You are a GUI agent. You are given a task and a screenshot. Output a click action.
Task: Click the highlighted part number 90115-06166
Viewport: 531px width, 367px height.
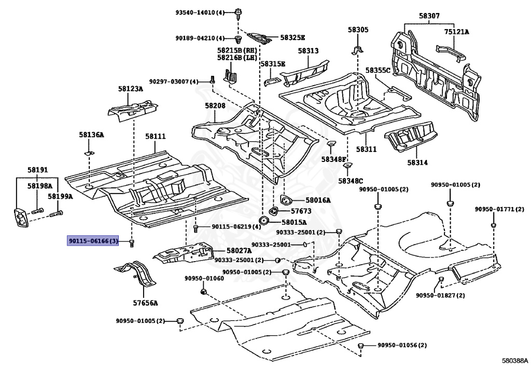pos(93,241)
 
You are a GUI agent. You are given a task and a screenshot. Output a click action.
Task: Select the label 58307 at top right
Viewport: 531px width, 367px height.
pos(429,16)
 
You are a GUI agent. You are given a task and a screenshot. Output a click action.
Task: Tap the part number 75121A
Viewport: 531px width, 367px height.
pos(456,32)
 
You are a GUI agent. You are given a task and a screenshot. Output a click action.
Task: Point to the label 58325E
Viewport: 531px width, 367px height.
pos(292,37)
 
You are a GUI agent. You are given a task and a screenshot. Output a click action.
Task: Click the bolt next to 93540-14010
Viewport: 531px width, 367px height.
pos(239,12)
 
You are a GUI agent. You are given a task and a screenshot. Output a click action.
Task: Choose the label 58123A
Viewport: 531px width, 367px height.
pos(130,89)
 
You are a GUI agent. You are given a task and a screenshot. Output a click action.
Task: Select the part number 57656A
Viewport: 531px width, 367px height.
pos(145,303)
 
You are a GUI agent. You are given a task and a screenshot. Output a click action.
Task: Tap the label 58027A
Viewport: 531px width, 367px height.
pos(239,251)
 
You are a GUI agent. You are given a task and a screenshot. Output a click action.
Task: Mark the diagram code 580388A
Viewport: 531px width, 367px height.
pos(514,361)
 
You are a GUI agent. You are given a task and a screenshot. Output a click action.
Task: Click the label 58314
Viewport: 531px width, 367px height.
pos(417,162)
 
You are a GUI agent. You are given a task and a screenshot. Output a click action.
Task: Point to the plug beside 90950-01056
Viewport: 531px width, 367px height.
pos(361,346)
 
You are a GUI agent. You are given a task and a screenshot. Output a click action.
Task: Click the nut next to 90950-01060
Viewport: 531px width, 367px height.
pos(203,292)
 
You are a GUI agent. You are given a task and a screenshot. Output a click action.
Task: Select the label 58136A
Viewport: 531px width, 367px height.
pos(91,135)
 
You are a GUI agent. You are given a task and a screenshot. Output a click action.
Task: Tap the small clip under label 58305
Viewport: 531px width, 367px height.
pos(358,49)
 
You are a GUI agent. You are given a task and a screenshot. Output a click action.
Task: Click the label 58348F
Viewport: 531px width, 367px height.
pos(334,159)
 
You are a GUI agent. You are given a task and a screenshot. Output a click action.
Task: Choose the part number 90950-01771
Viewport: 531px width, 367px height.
pos(499,209)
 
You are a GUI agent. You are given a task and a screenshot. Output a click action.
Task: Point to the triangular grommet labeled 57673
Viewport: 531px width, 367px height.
pos(273,211)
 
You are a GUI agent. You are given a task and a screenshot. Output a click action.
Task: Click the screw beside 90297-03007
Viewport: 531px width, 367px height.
pos(212,80)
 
